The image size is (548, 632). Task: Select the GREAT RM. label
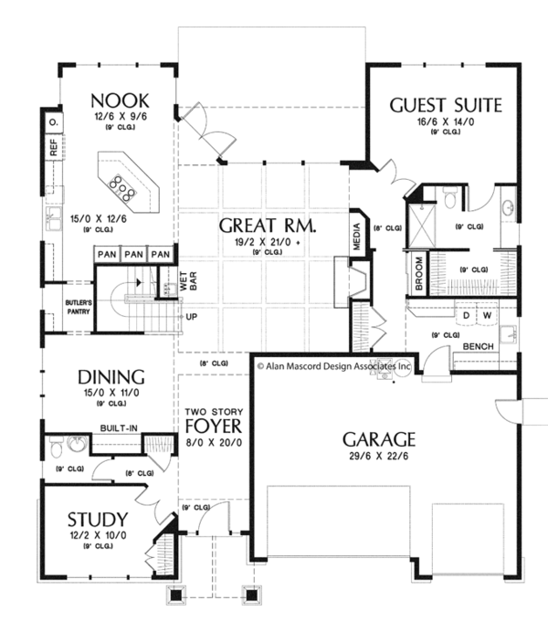(x=258, y=226)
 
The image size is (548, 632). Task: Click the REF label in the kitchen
(x=54, y=150)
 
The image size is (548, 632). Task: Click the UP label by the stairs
(x=192, y=317)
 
